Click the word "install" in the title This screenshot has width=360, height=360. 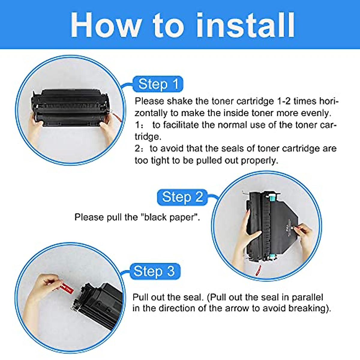coord(245,25)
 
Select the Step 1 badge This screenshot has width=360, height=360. coord(158,84)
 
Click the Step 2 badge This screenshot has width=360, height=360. coord(182,197)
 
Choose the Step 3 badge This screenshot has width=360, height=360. coord(154,271)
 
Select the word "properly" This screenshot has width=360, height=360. coord(259,160)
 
